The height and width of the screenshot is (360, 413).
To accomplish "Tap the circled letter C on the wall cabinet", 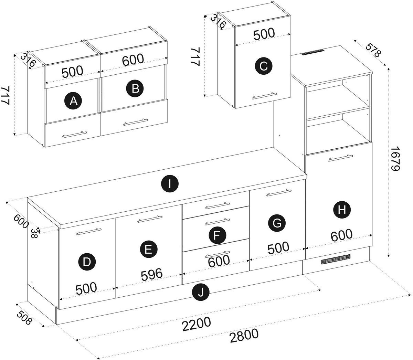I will pos(263,66).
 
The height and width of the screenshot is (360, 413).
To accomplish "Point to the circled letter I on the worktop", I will pos(169,184).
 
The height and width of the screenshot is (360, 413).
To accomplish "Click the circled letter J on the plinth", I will pos(201,293).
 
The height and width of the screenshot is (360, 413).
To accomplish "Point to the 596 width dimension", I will pos(151,274).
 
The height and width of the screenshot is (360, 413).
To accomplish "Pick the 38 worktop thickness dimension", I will pos(34,233).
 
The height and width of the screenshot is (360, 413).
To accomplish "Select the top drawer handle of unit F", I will pos(217,206).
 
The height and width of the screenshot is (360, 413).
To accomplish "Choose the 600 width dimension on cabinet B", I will pos(133,60).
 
